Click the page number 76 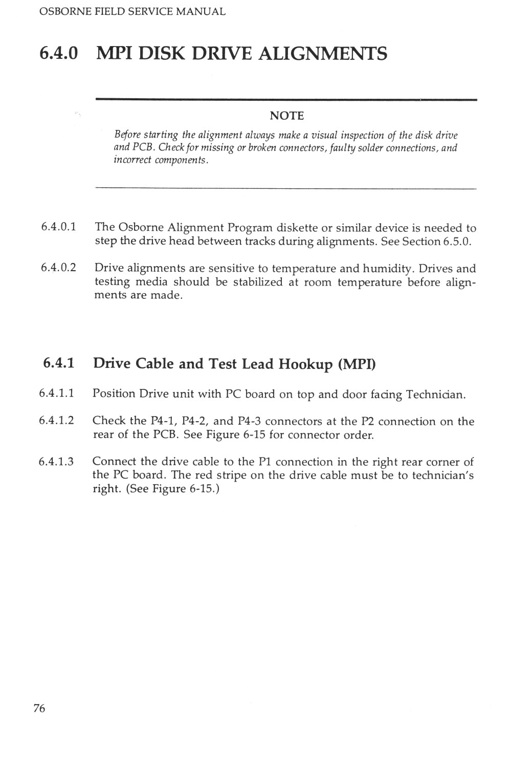coord(39,708)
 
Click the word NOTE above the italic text coord(286,116)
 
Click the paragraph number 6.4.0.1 coord(59,227)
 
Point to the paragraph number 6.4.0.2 coord(59,268)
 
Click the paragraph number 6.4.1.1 coord(57,394)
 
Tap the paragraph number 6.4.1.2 coord(57,421)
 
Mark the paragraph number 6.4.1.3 coord(57,462)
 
